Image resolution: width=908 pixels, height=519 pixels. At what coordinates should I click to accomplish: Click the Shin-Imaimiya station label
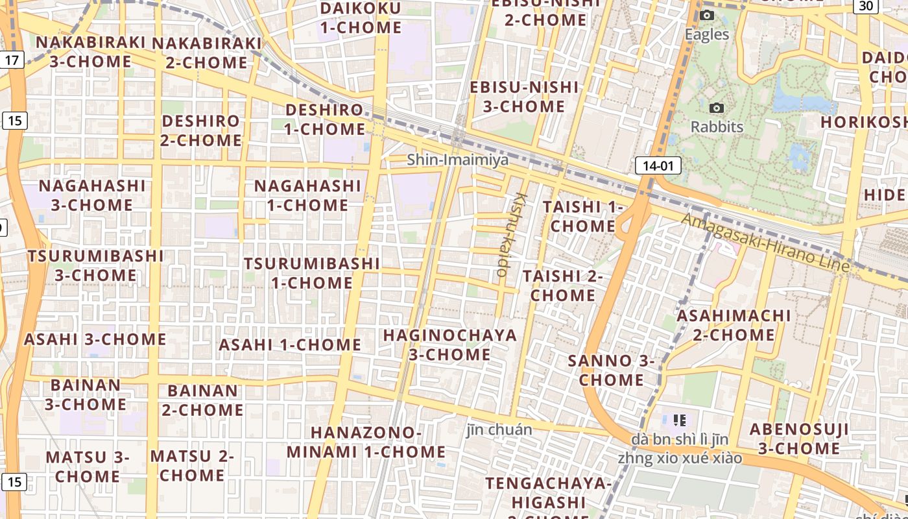(x=458, y=160)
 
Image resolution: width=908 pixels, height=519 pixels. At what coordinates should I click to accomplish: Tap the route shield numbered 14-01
(x=658, y=166)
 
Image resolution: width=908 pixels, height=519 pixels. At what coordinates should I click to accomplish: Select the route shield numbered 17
(x=12, y=60)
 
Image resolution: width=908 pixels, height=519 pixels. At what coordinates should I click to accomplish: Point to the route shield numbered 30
(x=865, y=6)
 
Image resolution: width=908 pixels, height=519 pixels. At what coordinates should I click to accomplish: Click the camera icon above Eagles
(x=707, y=16)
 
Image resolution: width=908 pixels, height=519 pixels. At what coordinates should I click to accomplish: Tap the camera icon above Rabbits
(x=717, y=108)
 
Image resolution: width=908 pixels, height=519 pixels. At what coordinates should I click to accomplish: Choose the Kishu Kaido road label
(x=511, y=234)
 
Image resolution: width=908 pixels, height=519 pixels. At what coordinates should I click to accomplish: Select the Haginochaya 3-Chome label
(x=449, y=344)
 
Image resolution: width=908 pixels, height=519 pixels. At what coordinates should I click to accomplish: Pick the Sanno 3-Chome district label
(x=611, y=370)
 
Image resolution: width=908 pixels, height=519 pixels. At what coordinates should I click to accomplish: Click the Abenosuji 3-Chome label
(x=799, y=439)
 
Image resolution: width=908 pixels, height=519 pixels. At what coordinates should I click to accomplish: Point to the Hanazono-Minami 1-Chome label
(x=366, y=442)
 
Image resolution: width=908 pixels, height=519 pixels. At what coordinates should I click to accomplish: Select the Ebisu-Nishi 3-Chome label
(x=524, y=96)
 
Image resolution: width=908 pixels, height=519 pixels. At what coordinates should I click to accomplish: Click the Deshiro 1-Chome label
(x=324, y=119)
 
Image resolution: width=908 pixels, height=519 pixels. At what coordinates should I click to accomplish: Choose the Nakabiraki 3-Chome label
(x=90, y=52)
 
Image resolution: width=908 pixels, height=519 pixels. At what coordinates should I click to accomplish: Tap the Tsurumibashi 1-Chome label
(x=312, y=273)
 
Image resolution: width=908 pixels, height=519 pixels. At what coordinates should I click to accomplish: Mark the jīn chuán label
(x=499, y=429)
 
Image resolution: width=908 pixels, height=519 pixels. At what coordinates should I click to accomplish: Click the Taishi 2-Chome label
(x=562, y=285)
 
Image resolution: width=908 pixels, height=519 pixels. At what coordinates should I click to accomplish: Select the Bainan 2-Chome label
(x=202, y=400)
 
